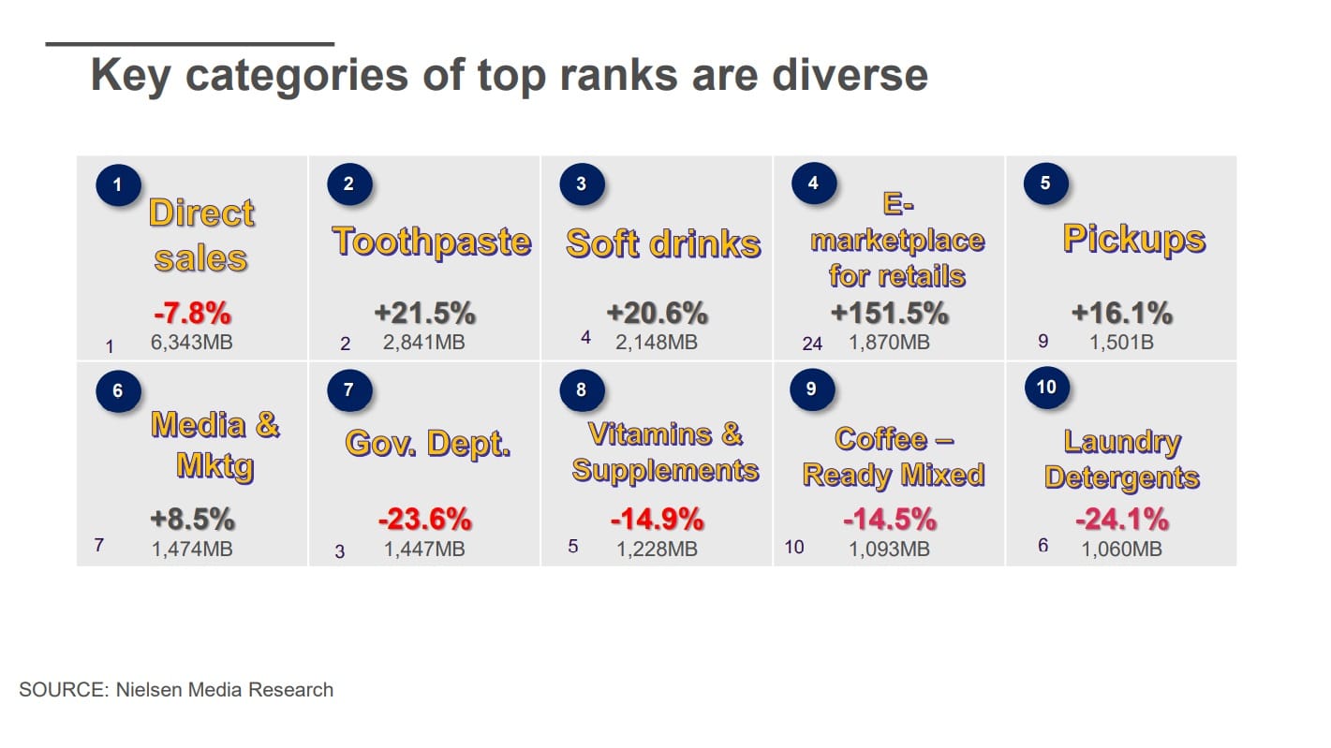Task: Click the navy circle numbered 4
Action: tap(813, 183)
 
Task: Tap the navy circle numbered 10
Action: tap(1046, 388)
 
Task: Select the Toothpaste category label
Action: tap(431, 242)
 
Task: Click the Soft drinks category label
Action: tap(663, 243)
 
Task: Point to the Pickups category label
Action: tap(1133, 239)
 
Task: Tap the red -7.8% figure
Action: tap(191, 312)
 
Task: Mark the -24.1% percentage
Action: tap(1121, 518)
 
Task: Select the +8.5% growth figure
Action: tap(192, 518)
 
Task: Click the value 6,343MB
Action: tap(192, 343)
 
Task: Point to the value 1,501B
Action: tap(1121, 343)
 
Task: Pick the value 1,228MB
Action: tap(657, 550)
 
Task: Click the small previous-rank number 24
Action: tap(812, 344)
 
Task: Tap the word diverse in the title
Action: tap(849, 76)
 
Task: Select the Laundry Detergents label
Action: tap(1121, 459)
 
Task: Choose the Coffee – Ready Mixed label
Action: tap(893, 457)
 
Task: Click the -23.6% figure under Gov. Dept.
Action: tap(424, 518)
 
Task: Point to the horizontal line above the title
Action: tap(190, 43)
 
